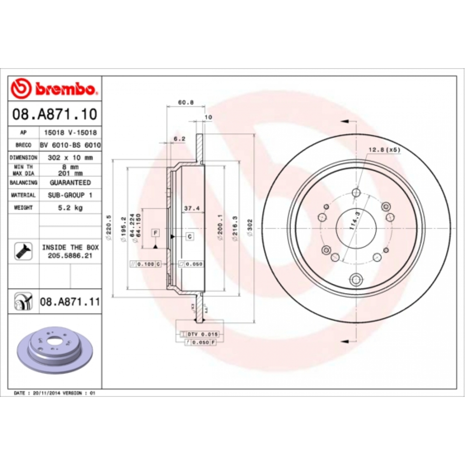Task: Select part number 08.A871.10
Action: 54,114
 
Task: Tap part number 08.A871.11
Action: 69,301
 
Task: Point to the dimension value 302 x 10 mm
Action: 69,158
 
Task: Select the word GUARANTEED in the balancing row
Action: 69,183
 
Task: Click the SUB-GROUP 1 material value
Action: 69,195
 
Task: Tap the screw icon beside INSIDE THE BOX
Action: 21,251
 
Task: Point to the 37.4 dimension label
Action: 191,208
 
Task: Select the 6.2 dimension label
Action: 179,139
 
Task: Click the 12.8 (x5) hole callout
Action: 384,150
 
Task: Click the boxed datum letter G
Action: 189,236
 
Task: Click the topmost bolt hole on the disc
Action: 356,194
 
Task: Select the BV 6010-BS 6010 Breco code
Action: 69,145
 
